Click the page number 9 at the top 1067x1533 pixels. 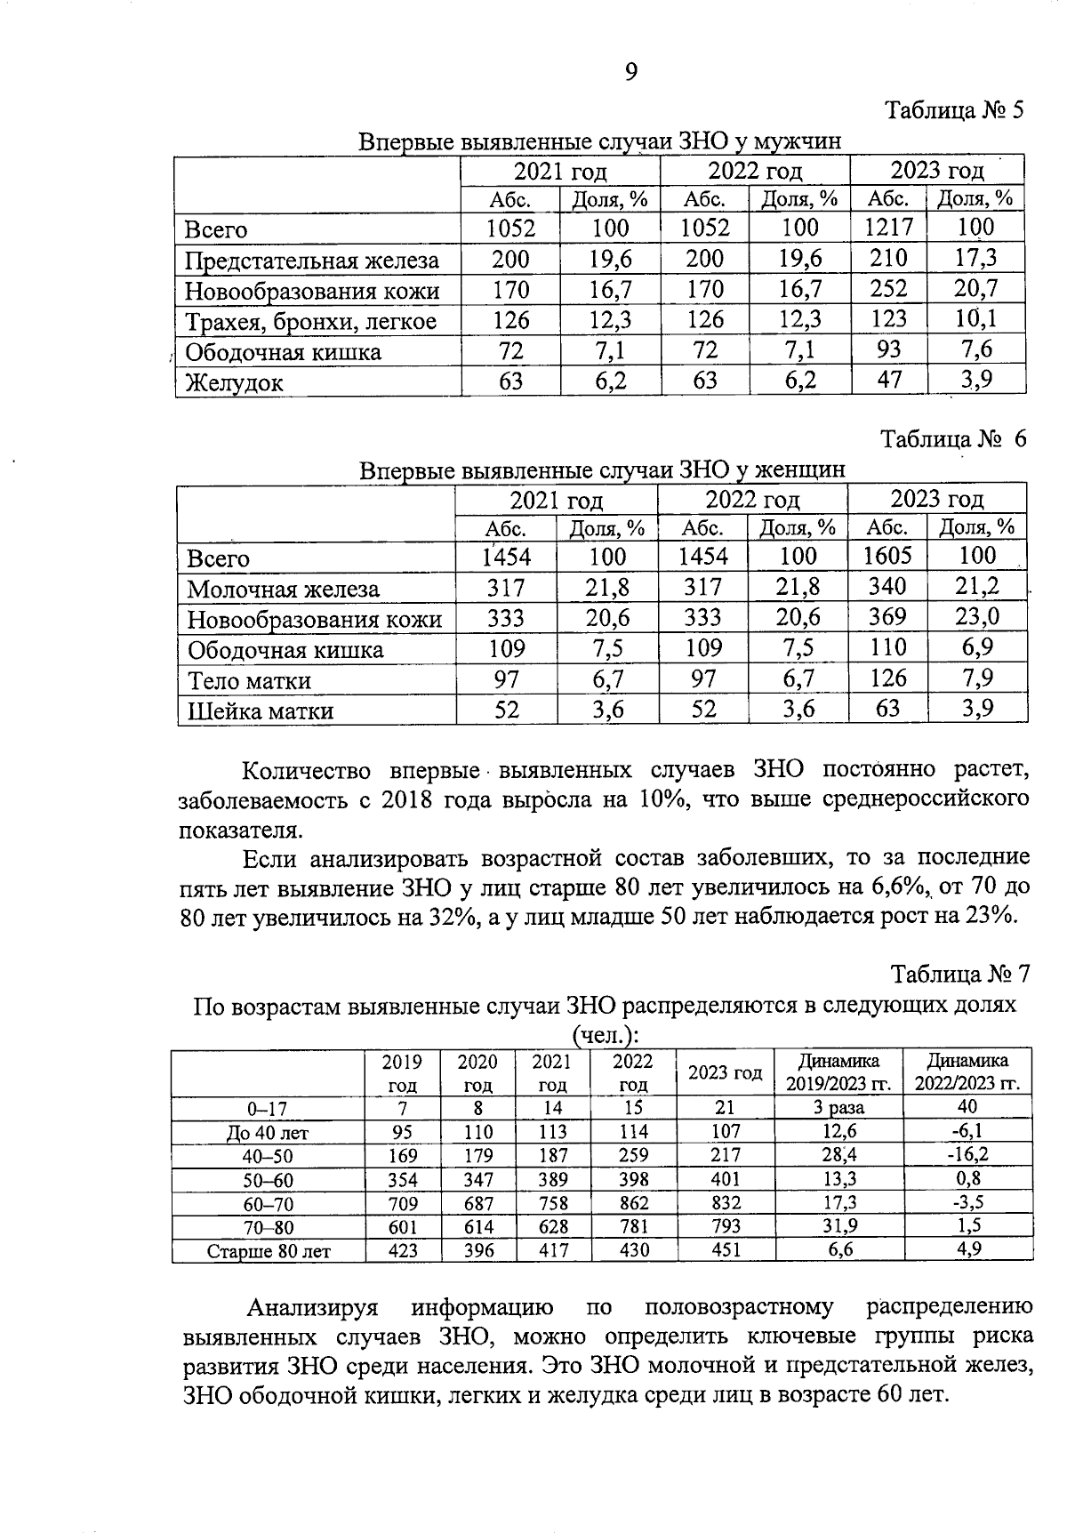[x=630, y=73]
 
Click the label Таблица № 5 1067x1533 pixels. [x=954, y=111]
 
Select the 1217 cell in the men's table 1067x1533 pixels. [x=888, y=229]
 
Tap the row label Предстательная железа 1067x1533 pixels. [x=311, y=261]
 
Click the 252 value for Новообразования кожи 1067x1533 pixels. [x=888, y=288]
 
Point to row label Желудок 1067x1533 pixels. [x=234, y=383]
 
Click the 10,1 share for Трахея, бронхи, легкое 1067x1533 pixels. [x=976, y=318]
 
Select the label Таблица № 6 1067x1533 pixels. [x=953, y=439]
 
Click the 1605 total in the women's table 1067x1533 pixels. [x=887, y=556]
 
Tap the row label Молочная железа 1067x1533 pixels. [x=283, y=590]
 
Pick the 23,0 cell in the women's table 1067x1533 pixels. [x=977, y=616]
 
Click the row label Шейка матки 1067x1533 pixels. [x=261, y=711]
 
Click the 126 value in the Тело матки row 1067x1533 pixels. [x=887, y=678]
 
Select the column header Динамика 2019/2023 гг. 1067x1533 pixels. [x=838, y=1072]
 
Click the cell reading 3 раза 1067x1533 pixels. [x=838, y=1108]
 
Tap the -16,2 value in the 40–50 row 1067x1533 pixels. [x=967, y=1155]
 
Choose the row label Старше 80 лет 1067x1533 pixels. [x=269, y=1251]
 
